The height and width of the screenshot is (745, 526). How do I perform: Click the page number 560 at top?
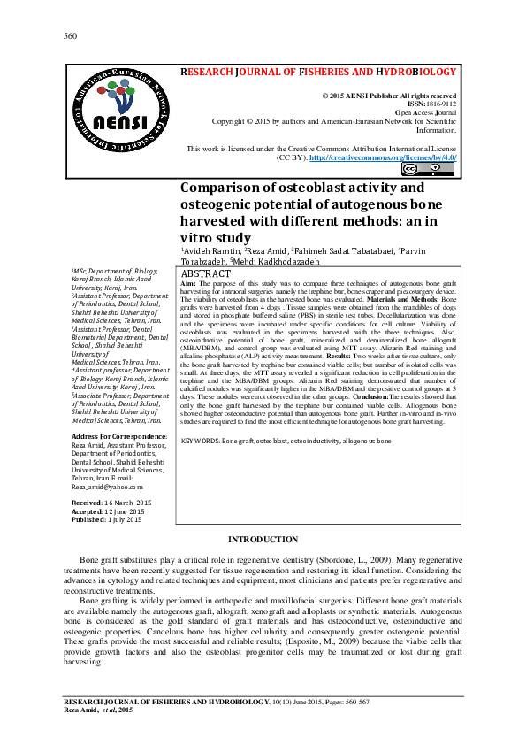(71, 36)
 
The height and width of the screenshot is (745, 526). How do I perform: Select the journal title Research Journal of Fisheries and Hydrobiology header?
(318, 72)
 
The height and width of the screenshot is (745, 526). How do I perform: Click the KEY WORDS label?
(200, 440)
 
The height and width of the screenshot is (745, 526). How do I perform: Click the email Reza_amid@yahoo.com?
(107, 487)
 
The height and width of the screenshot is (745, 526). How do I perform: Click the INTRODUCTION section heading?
(263, 540)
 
